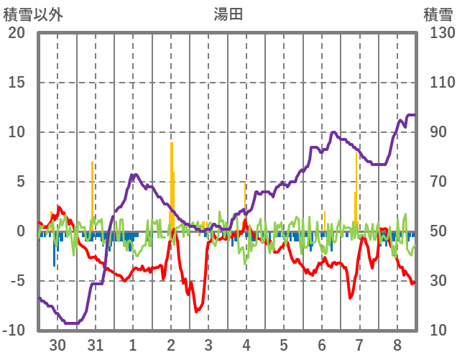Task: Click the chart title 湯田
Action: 228,14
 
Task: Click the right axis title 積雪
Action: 436,14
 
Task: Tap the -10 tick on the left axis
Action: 14,331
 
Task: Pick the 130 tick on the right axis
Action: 437,33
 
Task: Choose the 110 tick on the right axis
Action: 437,83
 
